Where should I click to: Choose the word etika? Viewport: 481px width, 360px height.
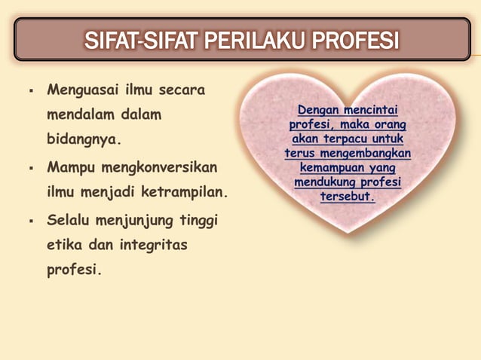pos(65,246)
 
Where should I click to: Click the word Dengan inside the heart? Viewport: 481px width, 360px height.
pos(318,110)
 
